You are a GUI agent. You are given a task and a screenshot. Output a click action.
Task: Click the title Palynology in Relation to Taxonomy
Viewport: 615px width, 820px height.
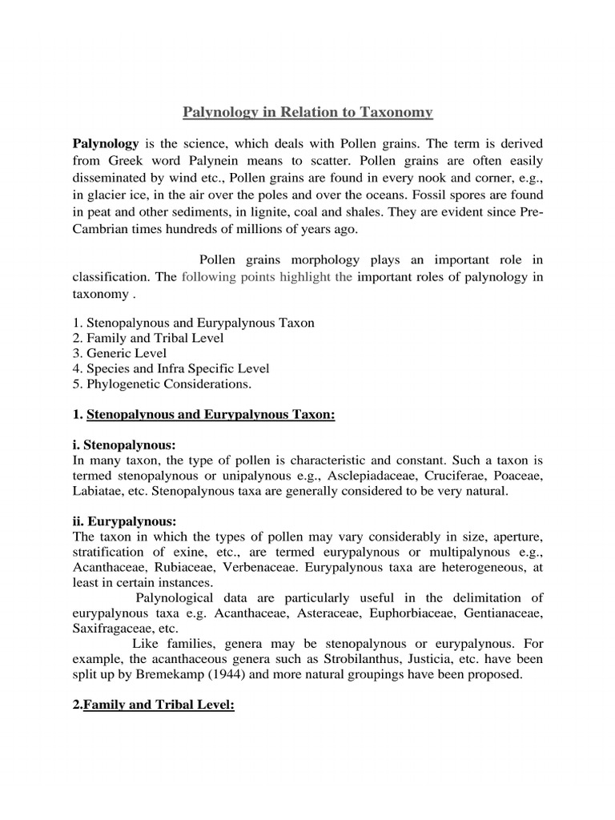coord(307,112)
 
